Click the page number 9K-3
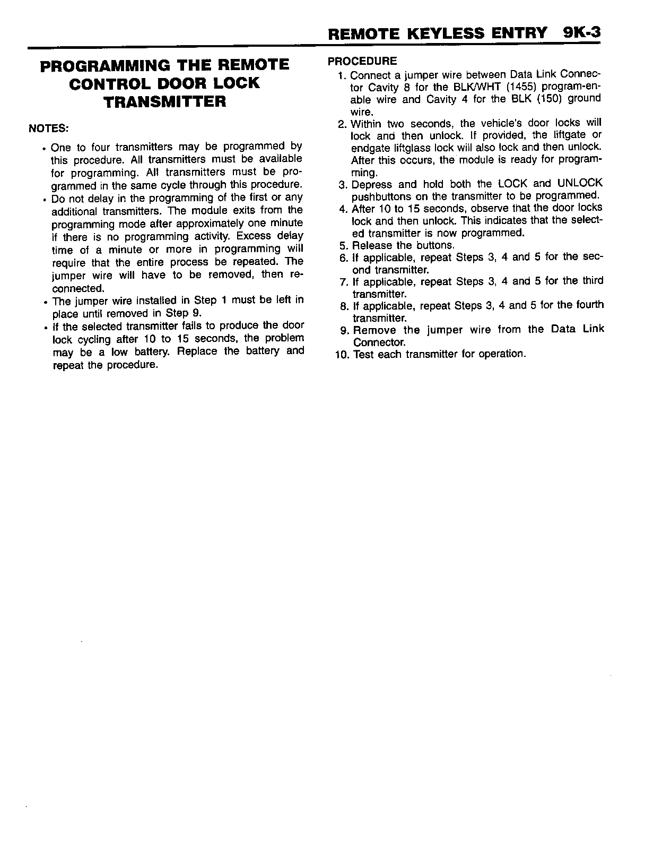(x=582, y=33)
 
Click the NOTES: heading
(x=49, y=129)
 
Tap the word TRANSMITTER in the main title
(x=165, y=101)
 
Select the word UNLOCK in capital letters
(x=580, y=184)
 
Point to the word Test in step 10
(x=363, y=354)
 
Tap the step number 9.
(x=344, y=330)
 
